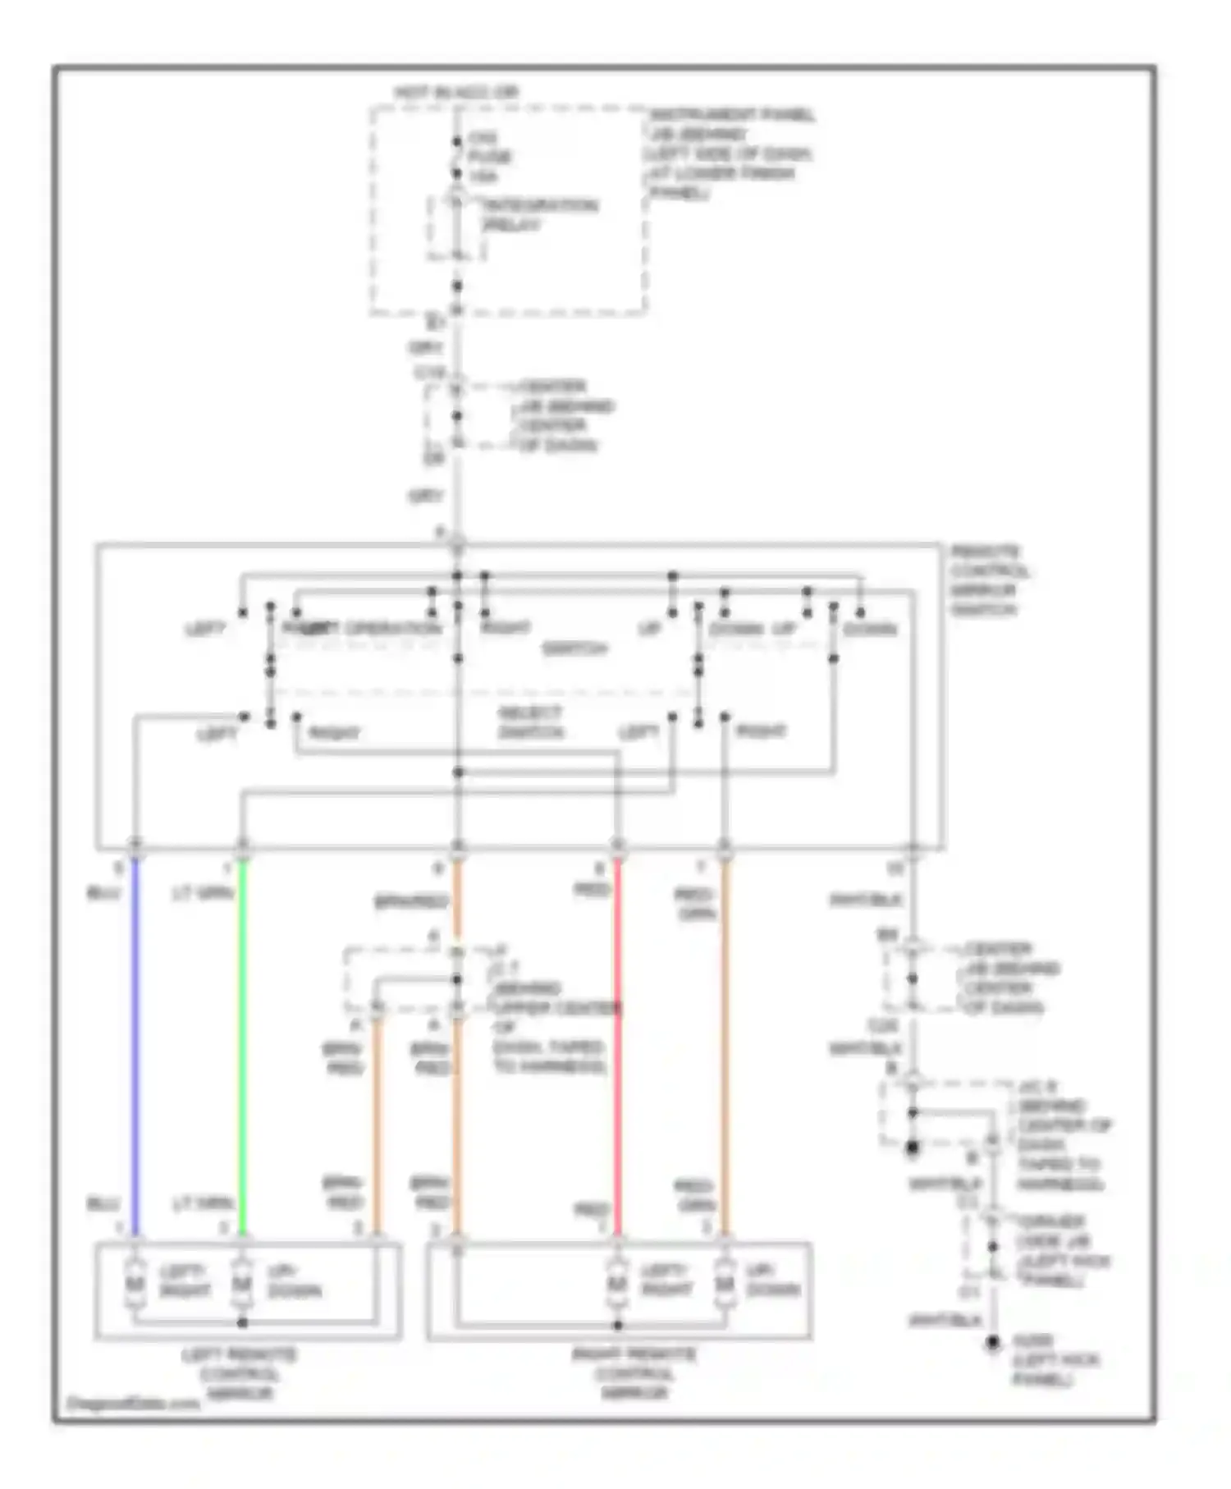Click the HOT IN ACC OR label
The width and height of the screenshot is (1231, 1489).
coord(456,93)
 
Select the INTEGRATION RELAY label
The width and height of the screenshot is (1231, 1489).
coord(539,215)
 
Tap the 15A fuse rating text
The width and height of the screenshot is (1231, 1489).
coord(483,176)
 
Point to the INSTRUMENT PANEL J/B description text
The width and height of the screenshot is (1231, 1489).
coord(730,153)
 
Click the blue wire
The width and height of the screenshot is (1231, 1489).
coord(135,1042)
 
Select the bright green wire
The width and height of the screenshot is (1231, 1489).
coord(242,1042)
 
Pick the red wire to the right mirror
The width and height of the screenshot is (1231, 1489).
coord(618,1042)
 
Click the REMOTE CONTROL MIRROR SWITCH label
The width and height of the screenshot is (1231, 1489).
coord(990,580)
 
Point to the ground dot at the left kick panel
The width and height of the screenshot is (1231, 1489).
coord(993,1344)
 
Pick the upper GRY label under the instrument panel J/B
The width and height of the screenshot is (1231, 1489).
coord(426,348)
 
